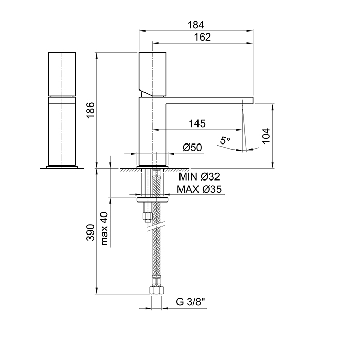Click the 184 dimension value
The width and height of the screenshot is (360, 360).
click(196, 25)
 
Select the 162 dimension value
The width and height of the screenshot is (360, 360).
click(204, 37)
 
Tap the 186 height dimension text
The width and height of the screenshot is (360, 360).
click(90, 110)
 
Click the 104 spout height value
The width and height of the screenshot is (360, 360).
click(266, 136)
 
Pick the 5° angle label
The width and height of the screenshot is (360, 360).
click(225, 140)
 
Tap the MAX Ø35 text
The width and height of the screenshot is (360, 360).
click(200, 189)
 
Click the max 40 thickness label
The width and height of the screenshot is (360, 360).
click(105, 229)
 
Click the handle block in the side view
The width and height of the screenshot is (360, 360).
click(153, 74)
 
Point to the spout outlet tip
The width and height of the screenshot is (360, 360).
click(247, 100)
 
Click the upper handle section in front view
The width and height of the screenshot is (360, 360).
click(62, 74)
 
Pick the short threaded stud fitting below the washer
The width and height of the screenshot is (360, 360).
click(148, 214)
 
